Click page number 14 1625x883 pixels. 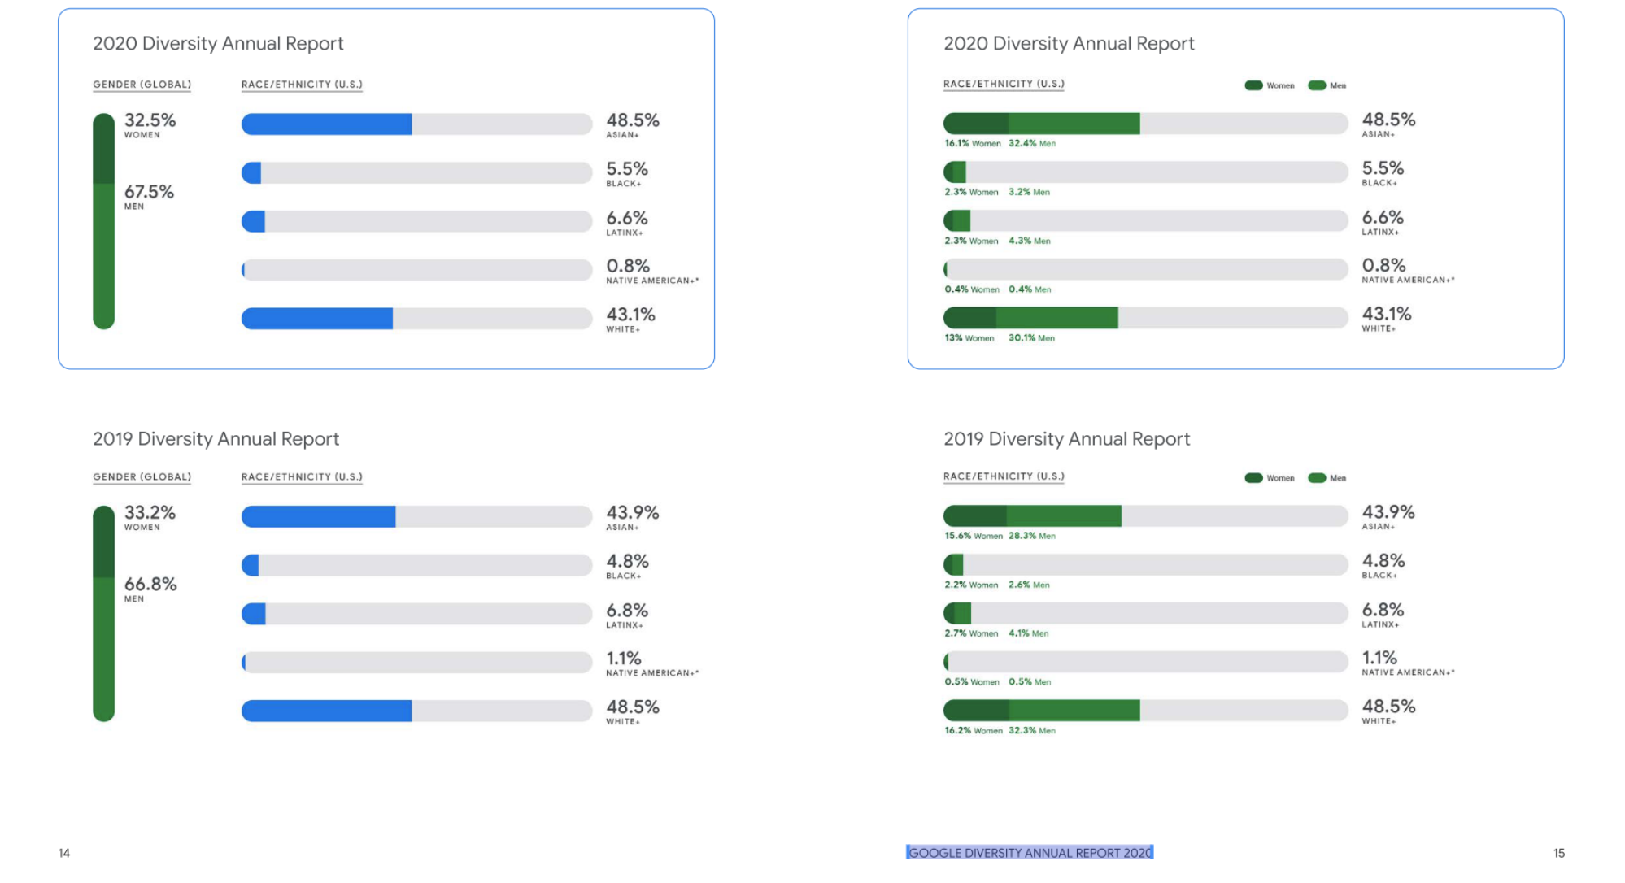pyautogui.click(x=64, y=853)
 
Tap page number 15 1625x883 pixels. pyautogui.click(x=1558, y=853)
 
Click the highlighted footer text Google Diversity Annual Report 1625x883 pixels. pyautogui.click(x=1030, y=853)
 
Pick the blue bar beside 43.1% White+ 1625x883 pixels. pyautogui.click(x=317, y=319)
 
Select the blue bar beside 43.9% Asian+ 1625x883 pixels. pyautogui.click(x=318, y=516)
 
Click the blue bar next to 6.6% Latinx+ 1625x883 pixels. pyautogui.click(x=254, y=221)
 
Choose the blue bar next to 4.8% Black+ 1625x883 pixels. pyautogui.click(x=251, y=565)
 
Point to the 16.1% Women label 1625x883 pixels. pyautogui.click(x=972, y=143)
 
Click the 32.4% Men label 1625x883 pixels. pyautogui.click(x=1032, y=143)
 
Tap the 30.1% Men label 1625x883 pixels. pyautogui.click(x=1031, y=338)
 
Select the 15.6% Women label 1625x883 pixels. pyautogui.click(x=973, y=536)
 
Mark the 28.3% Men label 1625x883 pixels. pyautogui.click(x=1032, y=536)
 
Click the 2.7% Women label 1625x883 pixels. pyautogui.click(x=971, y=633)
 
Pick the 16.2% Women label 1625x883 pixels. pyautogui.click(x=973, y=731)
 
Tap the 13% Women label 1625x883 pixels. pyautogui.click(x=969, y=338)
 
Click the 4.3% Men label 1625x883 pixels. pyautogui.click(x=1029, y=241)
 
